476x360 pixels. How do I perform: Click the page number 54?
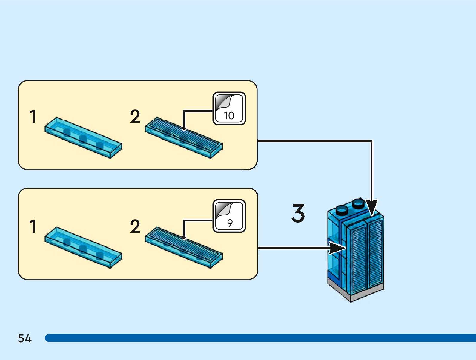coord(24,338)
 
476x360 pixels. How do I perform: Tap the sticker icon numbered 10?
coord(229,108)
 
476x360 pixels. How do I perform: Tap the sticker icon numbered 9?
coord(229,216)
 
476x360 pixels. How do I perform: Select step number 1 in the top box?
coord(33,116)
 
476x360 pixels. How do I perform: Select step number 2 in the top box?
coord(135,116)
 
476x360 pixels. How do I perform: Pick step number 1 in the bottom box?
coord(33,226)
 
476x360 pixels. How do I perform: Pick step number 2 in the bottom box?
coord(135,226)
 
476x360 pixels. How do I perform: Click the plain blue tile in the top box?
coord(83,138)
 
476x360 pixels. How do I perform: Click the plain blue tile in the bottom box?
coord(83,247)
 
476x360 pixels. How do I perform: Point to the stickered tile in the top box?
coord(184,137)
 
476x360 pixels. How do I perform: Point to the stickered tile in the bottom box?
coord(184,247)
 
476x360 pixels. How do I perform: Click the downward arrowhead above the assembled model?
coord(372,207)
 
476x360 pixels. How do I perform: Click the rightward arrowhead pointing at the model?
coord(337,248)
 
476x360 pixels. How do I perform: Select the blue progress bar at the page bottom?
coord(260,338)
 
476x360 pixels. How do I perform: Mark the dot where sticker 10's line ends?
coord(184,128)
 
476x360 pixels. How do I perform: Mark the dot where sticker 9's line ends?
coord(184,238)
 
